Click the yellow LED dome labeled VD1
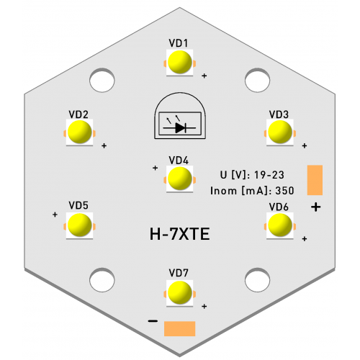pyautogui.click(x=180, y=62)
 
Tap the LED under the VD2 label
pyautogui.click(x=80, y=132)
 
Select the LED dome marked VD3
pyautogui.click(x=280, y=132)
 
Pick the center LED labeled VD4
pyautogui.click(x=180, y=179)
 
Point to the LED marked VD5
pyautogui.click(x=80, y=225)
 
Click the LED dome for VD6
pyautogui.click(x=280, y=225)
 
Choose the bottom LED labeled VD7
pyautogui.click(x=180, y=293)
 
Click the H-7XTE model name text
pyautogui.click(x=180, y=234)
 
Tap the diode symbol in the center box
pyautogui.click(x=180, y=127)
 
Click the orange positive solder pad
pyautogui.click(x=315, y=180)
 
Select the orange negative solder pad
pyautogui.click(x=180, y=329)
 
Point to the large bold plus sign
pyautogui.click(x=316, y=207)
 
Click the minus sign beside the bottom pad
pyautogui.click(x=153, y=321)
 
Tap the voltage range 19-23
pyautogui.click(x=269, y=175)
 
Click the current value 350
pyautogui.click(x=284, y=191)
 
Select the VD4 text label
pyautogui.click(x=179, y=161)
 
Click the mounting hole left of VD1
pyautogui.click(x=102, y=80)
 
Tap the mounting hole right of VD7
pyautogui.click(x=258, y=280)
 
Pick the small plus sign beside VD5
pyautogui.click(x=55, y=215)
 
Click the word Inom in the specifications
pyautogui.click(x=224, y=191)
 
